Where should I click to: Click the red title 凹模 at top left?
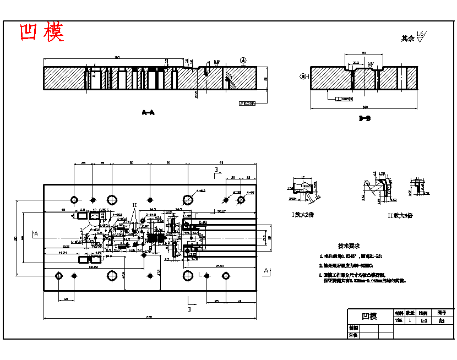coord(42,33)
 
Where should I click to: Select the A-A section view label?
coord(148,113)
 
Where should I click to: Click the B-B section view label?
coord(364,118)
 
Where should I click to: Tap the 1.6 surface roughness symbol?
coord(421,36)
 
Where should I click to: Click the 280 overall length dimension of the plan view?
coord(149,316)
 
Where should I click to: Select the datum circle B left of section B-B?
coord(302,76)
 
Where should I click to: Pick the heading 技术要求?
coord(349,246)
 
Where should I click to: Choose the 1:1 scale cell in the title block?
coord(423,320)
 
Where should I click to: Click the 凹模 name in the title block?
coord(369,316)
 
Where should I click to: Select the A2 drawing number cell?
coord(440,320)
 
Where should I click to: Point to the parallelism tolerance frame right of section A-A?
coord(248,103)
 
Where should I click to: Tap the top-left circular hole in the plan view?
coord(74,199)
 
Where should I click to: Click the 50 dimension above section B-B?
coord(364,53)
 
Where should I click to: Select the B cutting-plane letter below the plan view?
coord(190,310)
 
